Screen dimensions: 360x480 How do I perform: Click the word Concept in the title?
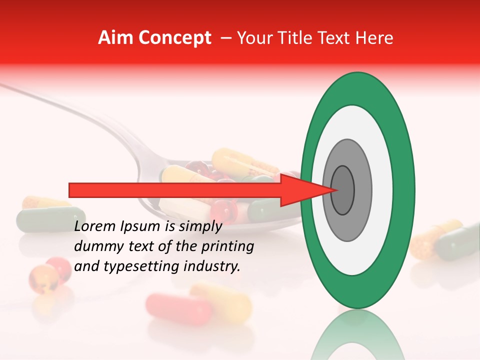(174, 38)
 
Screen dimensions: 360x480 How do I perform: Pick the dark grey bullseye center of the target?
(343, 190)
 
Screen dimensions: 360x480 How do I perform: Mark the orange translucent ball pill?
(42, 278)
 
